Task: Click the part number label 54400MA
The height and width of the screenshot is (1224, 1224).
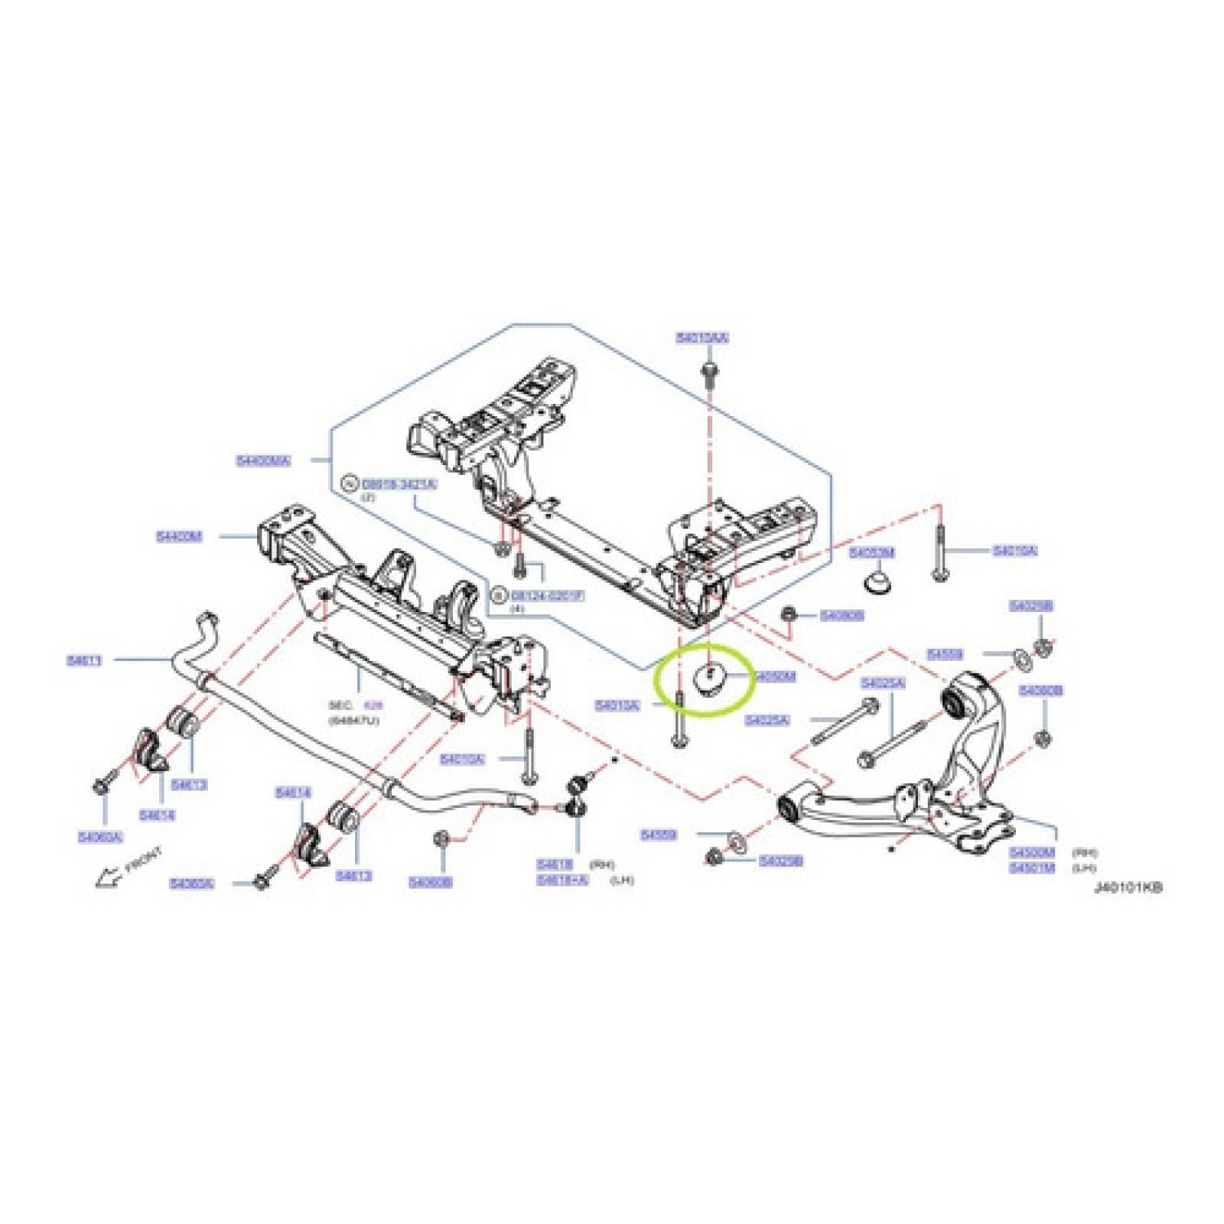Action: point(263,461)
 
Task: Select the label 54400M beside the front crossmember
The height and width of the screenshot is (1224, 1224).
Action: point(179,537)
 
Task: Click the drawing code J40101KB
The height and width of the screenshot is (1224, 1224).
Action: point(1128,887)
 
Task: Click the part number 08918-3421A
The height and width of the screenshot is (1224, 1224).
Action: point(399,484)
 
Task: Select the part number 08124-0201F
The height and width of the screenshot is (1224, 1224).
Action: point(547,594)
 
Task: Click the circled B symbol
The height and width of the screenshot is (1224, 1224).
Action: point(498,594)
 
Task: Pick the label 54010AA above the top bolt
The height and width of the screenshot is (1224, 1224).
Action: point(702,337)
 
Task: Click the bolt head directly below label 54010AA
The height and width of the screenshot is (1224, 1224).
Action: point(708,370)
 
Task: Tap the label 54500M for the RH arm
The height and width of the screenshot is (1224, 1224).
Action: point(1031,852)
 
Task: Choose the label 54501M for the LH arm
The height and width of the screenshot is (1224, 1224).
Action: point(1031,868)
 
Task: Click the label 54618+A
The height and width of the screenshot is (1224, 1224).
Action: point(562,880)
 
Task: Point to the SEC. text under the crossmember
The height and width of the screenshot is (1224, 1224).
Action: point(340,705)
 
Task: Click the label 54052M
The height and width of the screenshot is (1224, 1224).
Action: point(872,552)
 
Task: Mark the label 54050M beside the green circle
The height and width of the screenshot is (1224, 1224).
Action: point(775,676)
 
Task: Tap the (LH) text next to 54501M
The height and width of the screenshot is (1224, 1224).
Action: point(1084,868)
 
